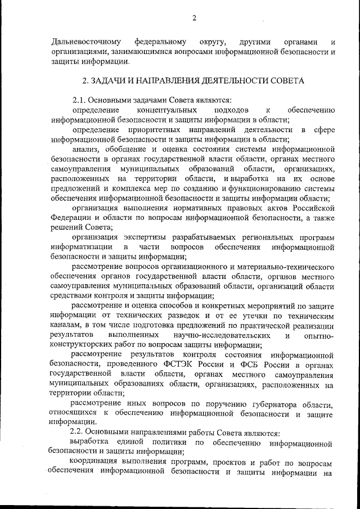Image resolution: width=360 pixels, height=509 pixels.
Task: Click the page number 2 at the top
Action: pos(193,18)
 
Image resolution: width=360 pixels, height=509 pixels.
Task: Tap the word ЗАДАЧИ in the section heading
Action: pos(110,80)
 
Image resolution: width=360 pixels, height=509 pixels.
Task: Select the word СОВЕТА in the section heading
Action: pos(284,80)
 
